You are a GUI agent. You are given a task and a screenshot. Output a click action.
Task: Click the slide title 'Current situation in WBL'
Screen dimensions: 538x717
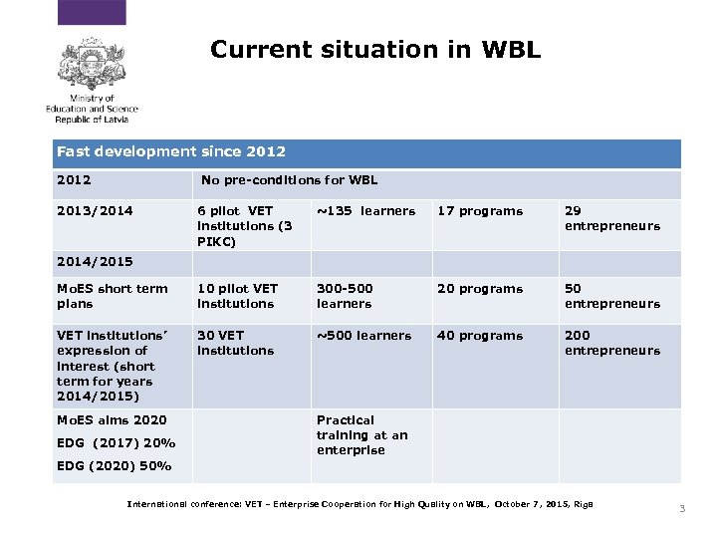coord(375,49)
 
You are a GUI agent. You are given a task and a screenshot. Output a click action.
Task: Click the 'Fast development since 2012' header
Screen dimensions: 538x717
coord(171,152)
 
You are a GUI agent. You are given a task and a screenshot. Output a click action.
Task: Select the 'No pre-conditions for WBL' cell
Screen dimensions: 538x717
coord(289,180)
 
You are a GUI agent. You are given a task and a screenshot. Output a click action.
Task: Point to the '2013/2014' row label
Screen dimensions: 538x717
coord(95,211)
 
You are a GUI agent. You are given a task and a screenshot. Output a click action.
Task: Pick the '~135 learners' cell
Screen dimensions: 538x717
coord(365,211)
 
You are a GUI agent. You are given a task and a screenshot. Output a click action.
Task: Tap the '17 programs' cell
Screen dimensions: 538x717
coord(480,211)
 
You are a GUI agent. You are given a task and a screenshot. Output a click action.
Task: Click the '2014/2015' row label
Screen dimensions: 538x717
coord(95,262)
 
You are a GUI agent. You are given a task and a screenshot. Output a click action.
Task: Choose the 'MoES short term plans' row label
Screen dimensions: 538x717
coord(112,296)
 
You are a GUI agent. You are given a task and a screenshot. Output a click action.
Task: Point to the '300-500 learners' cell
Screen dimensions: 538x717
coord(345,296)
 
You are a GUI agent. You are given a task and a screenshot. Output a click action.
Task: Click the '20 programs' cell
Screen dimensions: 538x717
coord(480,289)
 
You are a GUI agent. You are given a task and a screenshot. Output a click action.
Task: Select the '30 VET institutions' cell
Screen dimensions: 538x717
coord(235,343)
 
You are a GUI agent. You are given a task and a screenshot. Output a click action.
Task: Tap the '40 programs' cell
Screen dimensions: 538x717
coord(480,336)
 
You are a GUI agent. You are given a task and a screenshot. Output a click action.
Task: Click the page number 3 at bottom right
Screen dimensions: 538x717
coord(682,509)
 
